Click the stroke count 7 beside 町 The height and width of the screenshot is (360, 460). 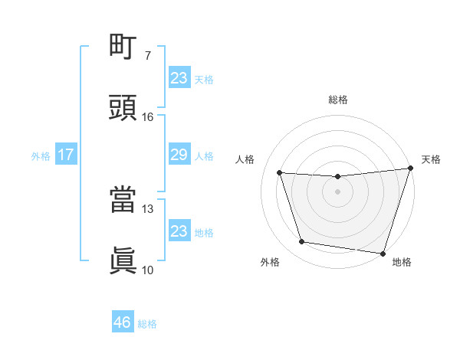[148, 56]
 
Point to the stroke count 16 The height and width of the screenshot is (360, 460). [148, 117]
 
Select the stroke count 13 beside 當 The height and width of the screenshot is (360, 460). [148, 209]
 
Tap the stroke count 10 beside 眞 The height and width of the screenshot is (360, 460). [148, 270]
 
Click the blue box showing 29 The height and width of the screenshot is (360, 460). [179, 155]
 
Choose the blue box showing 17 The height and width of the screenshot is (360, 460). [66, 155]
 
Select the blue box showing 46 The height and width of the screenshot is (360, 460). [123, 322]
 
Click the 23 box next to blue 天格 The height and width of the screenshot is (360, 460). [179, 78]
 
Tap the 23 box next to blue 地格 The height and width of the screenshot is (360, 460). [179, 231]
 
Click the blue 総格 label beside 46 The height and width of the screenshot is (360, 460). [147, 324]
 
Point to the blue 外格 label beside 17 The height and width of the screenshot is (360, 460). [41, 156]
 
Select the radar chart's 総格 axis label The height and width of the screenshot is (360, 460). [337, 100]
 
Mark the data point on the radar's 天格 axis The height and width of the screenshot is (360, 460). [410, 169]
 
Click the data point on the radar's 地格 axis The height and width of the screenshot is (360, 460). [383, 253]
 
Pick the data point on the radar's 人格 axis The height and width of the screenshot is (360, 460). [280, 173]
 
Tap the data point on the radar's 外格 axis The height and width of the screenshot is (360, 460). [302, 242]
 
